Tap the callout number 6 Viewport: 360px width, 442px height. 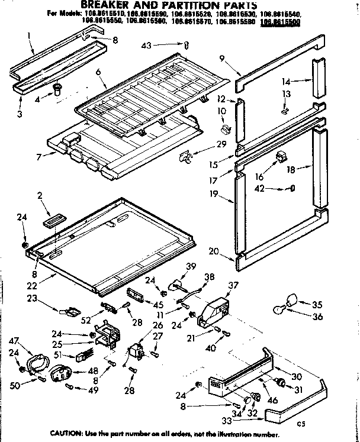(98, 72)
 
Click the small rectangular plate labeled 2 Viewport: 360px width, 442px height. (52, 220)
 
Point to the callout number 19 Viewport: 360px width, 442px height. (214, 193)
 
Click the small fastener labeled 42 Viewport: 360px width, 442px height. (292, 189)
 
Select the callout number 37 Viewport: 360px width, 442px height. (233, 285)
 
